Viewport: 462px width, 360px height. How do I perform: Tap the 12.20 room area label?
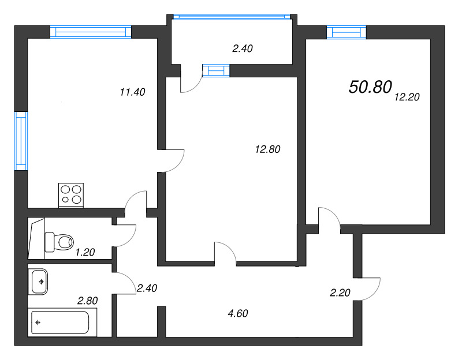tap(406, 97)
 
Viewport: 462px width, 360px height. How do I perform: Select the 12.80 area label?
tap(267, 149)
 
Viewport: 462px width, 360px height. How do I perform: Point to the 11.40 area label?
tap(132, 91)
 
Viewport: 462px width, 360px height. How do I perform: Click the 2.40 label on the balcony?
tap(243, 49)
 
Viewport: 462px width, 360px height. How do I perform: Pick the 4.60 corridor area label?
tap(239, 314)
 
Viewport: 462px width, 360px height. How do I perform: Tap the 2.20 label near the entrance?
tap(340, 293)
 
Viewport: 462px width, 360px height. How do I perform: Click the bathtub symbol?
tap(61, 322)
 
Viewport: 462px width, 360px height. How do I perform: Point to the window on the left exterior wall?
tap(21, 141)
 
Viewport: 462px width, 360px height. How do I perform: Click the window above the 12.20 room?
tap(346, 32)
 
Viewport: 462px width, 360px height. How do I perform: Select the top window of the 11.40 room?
tap(90, 32)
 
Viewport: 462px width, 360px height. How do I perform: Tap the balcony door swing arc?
tap(191, 82)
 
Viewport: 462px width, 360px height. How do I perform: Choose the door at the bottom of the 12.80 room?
tap(225, 253)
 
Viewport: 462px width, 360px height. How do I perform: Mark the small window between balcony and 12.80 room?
tap(215, 70)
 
